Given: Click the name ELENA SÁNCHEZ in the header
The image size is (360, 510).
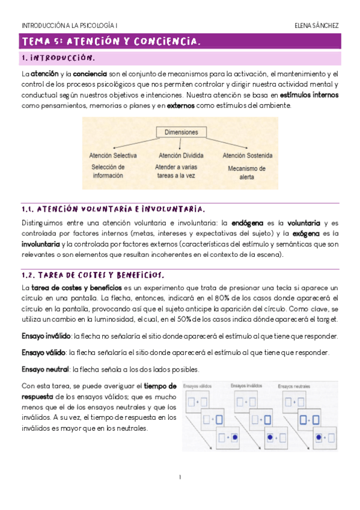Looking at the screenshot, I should pyautogui.click(x=317, y=25).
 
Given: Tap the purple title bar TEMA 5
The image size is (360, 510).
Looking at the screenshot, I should pyautogui.click(x=180, y=41).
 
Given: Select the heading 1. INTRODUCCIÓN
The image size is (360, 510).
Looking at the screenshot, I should pyautogui.click(x=58, y=58).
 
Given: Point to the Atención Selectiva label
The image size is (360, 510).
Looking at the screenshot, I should pyautogui.click(x=112, y=155).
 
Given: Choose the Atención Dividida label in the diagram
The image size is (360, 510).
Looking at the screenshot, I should pyautogui.click(x=179, y=155).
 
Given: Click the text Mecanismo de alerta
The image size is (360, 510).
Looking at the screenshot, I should pyautogui.click(x=246, y=173).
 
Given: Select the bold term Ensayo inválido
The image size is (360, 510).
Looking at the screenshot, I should pyautogui.click(x=46, y=336).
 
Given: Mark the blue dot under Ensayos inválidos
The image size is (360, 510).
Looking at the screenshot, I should pyautogui.click(x=270, y=435).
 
